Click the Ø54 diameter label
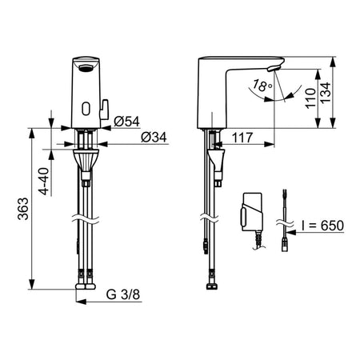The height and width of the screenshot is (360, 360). point(126,122)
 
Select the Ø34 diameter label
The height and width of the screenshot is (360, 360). point(154,137)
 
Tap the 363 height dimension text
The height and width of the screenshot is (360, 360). point(23,209)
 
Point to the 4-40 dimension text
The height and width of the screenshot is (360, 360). point(44,181)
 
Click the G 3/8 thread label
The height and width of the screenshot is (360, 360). point(123,294)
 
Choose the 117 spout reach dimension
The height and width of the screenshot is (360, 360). point(242,138)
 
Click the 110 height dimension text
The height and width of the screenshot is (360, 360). point(310,98)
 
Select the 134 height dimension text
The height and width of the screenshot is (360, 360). point(325,93)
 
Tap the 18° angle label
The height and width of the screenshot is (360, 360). point(262,86)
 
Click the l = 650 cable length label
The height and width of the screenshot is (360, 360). point(322,226)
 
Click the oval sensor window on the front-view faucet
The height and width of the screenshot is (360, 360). point(86,109)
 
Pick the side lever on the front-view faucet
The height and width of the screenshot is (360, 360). point(104,110)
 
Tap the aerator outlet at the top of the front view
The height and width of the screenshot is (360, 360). point(86,68)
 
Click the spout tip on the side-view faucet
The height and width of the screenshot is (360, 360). point(274,67)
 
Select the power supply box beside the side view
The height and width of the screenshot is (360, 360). point(252,212)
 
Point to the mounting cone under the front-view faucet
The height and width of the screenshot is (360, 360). point(86,160)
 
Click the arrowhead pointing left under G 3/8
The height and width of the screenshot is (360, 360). point(82,302)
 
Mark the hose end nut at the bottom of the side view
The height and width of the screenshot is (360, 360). point(212,286)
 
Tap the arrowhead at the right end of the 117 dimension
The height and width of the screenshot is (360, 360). point(269,145)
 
